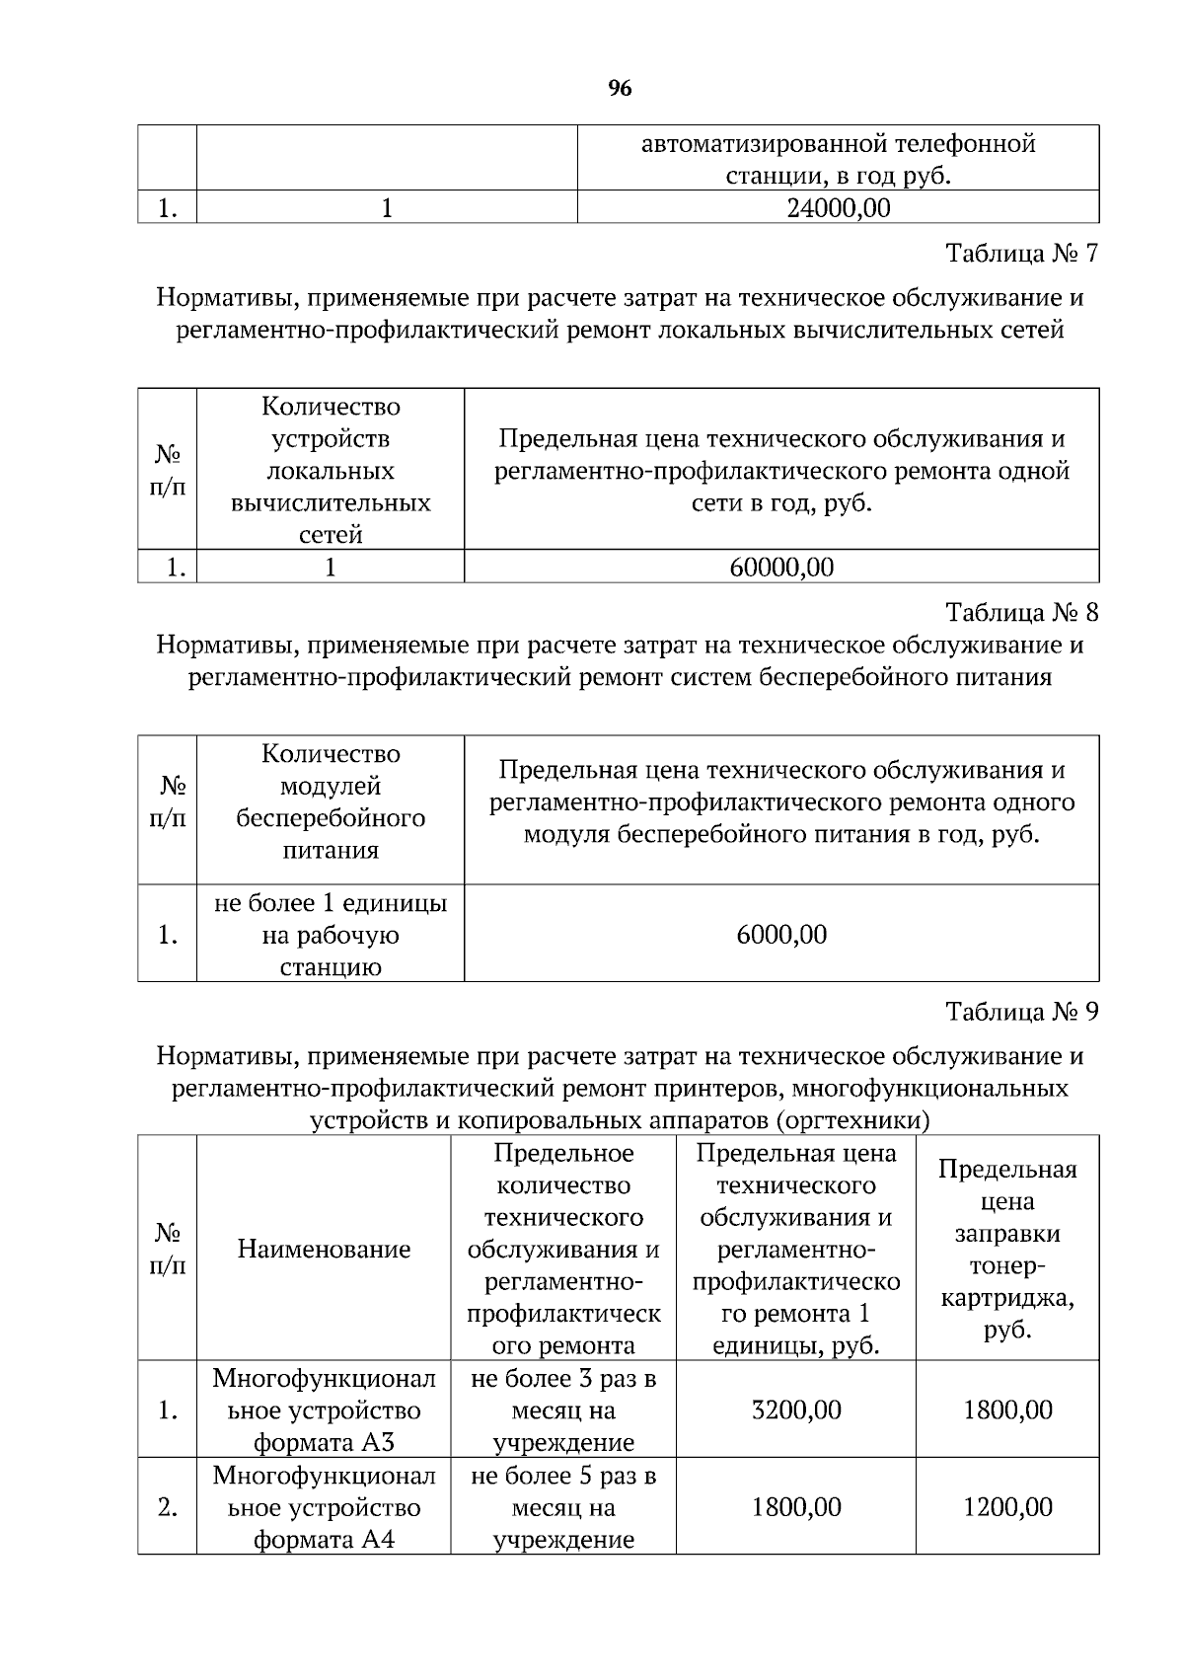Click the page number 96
click(620, 89)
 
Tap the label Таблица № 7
click(1021, 254)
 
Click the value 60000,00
click(781, 568)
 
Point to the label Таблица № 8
click(1021, 613)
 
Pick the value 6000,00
click(781, 934)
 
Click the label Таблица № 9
click(1021, 1012)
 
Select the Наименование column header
click(324, 1250)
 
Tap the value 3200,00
click(796, 1409)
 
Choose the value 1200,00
click(1007, 1507)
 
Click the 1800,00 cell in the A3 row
click(1007, 1409)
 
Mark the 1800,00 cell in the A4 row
click(796, 1507)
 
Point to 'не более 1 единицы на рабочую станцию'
click(331, 934)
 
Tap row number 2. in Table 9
click(168, 1507)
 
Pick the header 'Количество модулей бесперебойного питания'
click(331, 802)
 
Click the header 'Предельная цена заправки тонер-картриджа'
click(1007, 1250)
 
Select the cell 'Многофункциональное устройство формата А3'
click(324, 1409)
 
